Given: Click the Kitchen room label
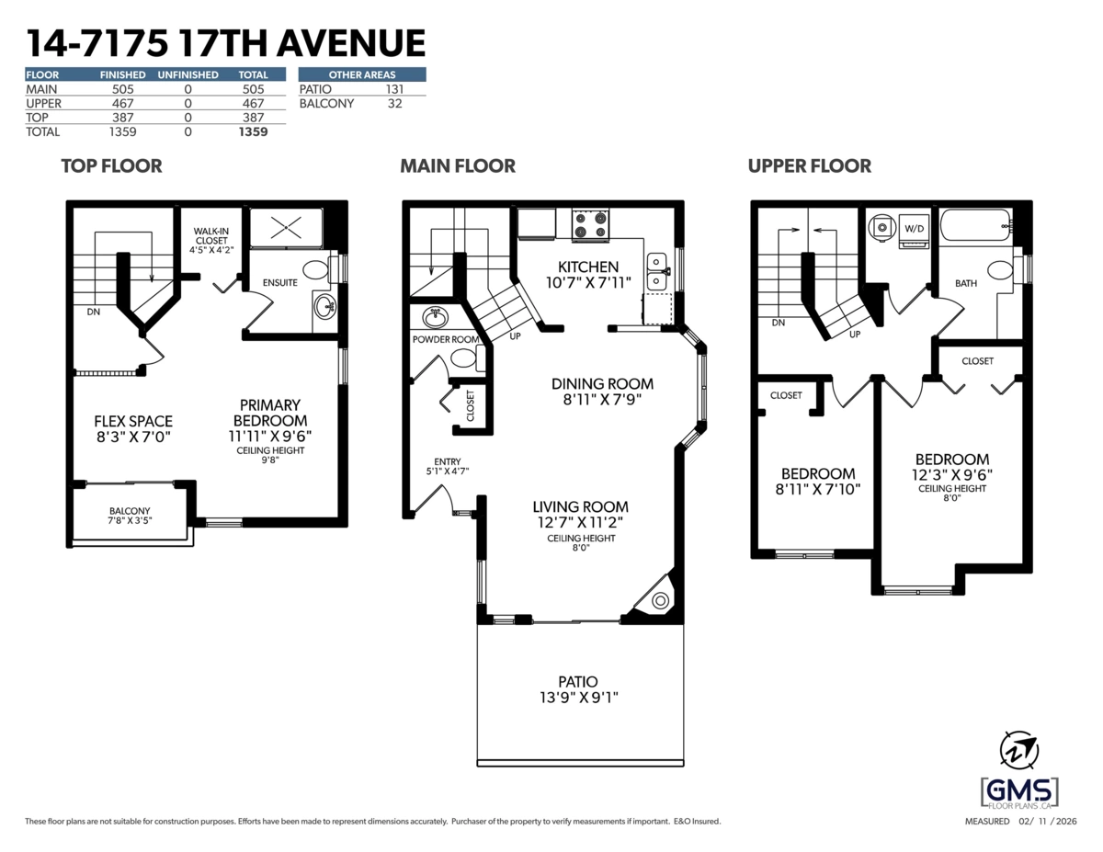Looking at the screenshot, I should pyautogui.click(x=588, y=267).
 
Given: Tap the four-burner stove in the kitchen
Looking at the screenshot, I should pyautogui.click(x=591, y=224).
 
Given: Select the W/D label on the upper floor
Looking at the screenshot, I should pyautogui.click(x=914, y=227).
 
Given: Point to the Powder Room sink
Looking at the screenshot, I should pyautogui.click(x=435, y=318).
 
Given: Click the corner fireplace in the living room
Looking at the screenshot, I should pyautogui.click(x=659, y=600).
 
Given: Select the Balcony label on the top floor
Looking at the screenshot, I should pyautogui.click(x=130, y=511).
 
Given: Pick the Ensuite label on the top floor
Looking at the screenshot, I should pyautogui.click(x=279, y=282).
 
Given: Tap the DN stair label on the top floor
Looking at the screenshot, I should pyautogui.click(x=93, y=312).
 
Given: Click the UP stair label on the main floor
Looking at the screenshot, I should pyautogui.click(x=516, y=336).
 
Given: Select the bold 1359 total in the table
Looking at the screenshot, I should pyautogui.click(x=252, y=131).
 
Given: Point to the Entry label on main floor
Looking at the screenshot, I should pyautogui.click(x=448, y=461).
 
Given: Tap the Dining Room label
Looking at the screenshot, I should pyautogui.click(x=602, y=383).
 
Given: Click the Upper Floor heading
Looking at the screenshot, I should pyautogui.click(x=809, y=166).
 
